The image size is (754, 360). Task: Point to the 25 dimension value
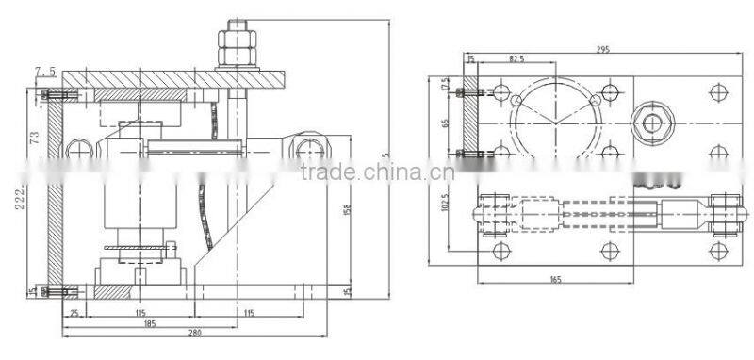coord(74,312)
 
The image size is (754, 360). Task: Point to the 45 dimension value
coord(348,292)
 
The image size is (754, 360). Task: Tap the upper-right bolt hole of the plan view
coord(718,91)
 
